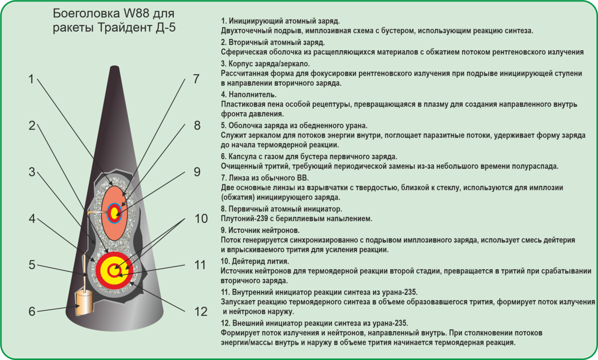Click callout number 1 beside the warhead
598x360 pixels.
point(31,80)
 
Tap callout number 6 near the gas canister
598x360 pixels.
point(32,312)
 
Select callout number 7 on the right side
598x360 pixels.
point(196,79)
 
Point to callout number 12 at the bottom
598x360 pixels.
point(200,312)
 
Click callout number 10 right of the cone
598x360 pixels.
point(200,219)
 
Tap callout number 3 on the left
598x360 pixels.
point(32,173)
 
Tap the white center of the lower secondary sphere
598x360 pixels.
point(114,271)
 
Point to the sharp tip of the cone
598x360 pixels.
point(116,68)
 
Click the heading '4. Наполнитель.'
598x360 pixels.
point(248,94)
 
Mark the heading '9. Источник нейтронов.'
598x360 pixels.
point(260,230)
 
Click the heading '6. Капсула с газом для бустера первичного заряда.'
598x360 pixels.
point(308,156)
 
